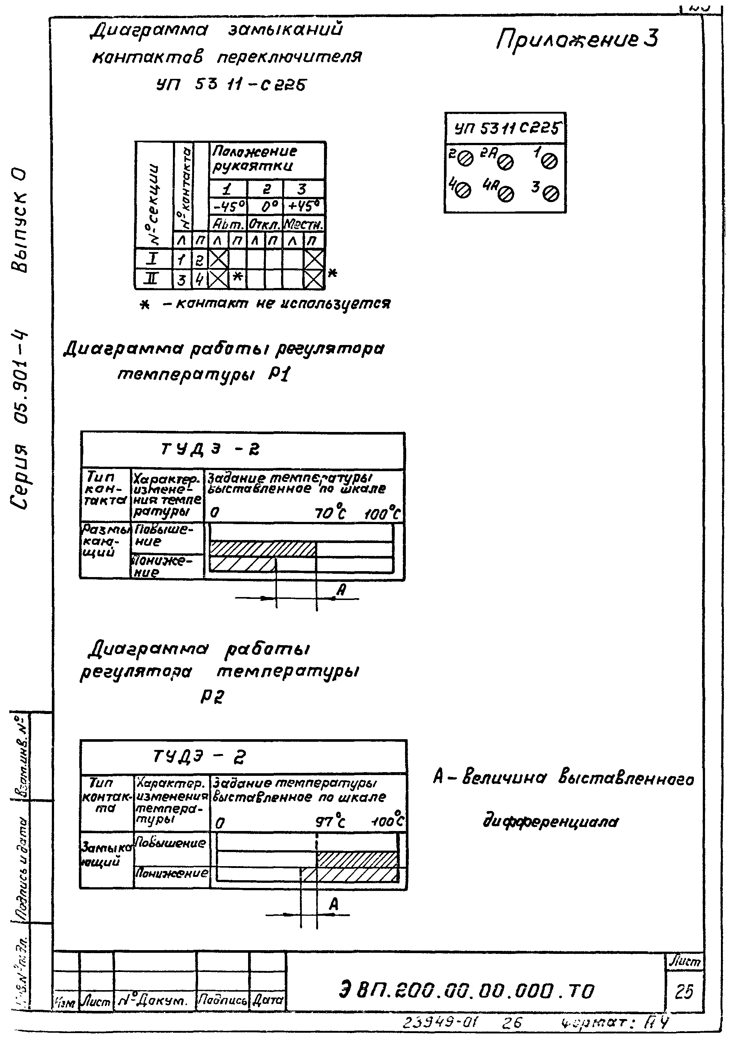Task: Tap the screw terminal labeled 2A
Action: coord(507,161)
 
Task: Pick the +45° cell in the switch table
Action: coord(303,207)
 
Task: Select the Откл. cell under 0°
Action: coord(265,224)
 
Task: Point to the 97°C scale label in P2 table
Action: coord(330,821)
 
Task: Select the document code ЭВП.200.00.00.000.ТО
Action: coord(466,991)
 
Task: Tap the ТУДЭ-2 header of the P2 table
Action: coord(199,756)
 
